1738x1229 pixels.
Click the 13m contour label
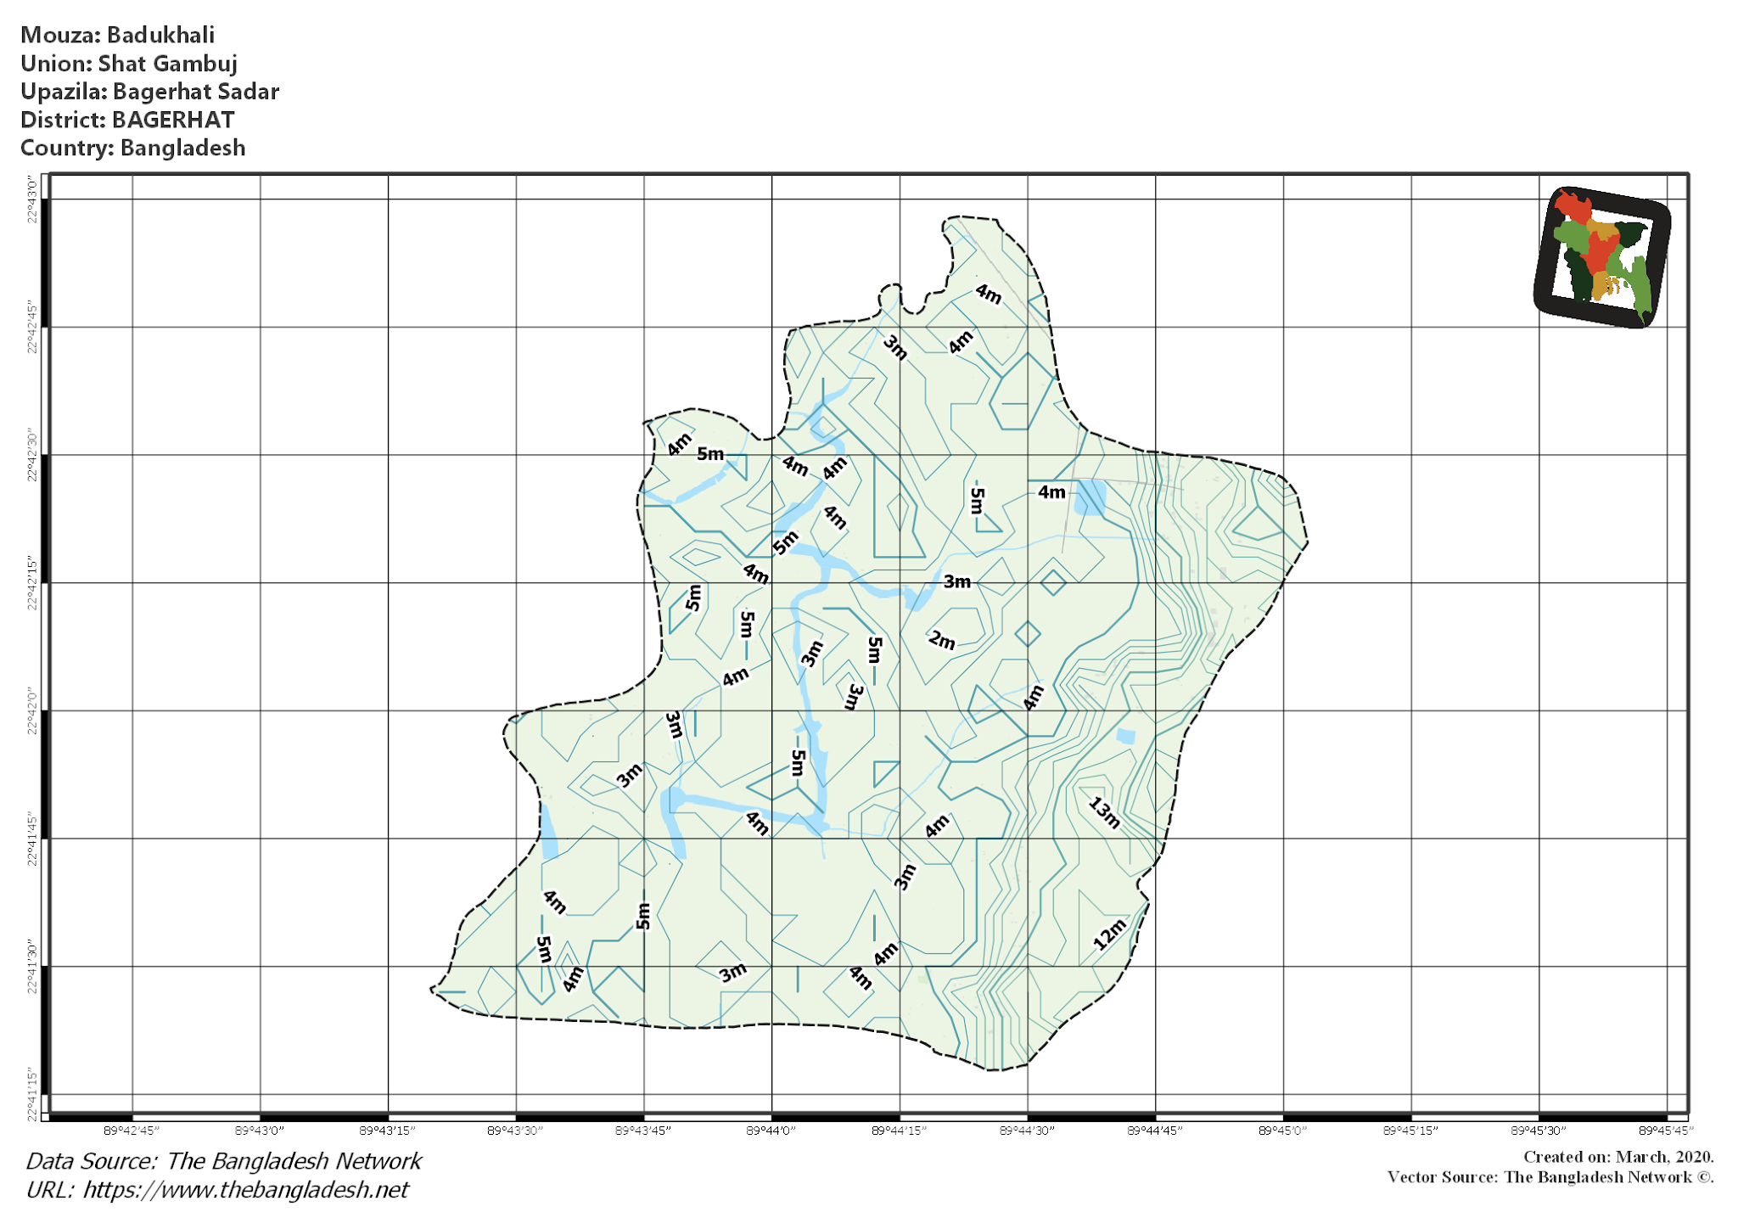1104,812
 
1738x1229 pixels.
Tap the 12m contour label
1109,934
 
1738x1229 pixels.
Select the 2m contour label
941,640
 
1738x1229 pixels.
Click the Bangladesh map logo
1602,256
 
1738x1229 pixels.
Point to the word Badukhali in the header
160,35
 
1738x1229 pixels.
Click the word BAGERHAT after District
173,120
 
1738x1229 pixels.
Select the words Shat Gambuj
167,64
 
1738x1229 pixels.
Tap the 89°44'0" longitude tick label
771,1131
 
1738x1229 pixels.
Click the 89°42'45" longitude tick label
132,1131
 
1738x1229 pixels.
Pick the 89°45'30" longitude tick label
1538,1131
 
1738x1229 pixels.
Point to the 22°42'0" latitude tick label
32,711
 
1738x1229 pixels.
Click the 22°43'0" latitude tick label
32,200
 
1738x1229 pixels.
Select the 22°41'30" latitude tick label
32,966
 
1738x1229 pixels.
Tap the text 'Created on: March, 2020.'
1618,1157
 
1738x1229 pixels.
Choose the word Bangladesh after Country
182,148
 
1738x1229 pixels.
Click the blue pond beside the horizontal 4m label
1090,497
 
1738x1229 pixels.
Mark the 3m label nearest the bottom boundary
732,972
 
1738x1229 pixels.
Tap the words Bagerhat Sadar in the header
196,92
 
